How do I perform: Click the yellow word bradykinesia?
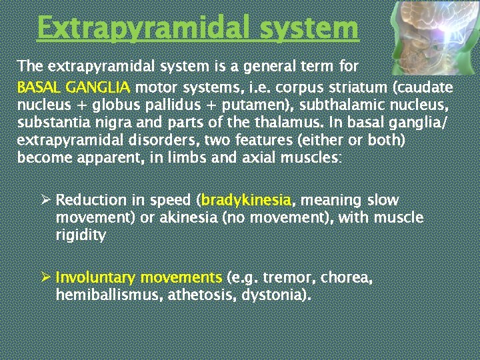[x=246, y=201]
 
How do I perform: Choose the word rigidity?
[x=81, y=235]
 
